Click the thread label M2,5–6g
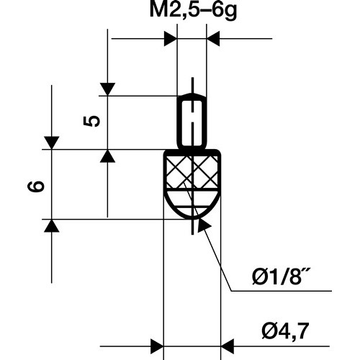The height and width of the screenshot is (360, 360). click(x=193, y=11)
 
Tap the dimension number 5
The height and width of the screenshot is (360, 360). click(x=91, y=121)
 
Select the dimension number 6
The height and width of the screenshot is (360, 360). click(x=36, y=186)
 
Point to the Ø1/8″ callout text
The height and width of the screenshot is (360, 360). click(x=279, y=277)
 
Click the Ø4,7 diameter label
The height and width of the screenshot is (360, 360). click(x=285, y=331)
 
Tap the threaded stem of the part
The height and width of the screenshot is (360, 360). click(x=192, y=121)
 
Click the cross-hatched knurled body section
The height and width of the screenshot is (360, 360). click(x=192, y=171)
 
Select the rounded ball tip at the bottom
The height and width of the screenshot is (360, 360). click(x=192, y=204)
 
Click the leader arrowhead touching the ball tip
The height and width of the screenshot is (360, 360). click(x=203, y=225)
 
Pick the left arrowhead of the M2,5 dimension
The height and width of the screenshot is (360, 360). click(x=171, y=38)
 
